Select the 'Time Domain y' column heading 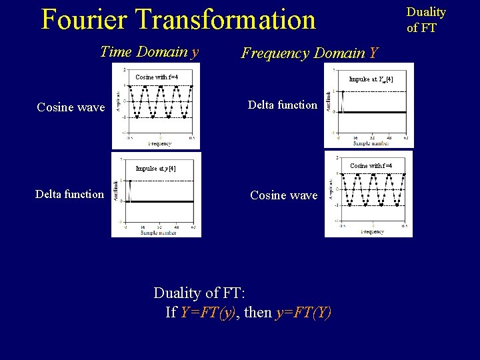(149, 51)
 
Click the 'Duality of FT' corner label (426, 20)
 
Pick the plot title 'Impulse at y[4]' (156, 169)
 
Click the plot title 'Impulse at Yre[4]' (371, 79)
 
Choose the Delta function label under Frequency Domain (283, 105)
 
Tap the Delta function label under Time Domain (70, 194)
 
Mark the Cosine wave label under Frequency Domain (283, 195)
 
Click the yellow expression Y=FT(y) (208, 312)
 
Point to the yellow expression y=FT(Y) (303, 312)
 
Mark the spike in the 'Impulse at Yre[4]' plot (343, 101)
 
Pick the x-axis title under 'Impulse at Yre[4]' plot (371, 143)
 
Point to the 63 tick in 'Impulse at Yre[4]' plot (406, 138)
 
